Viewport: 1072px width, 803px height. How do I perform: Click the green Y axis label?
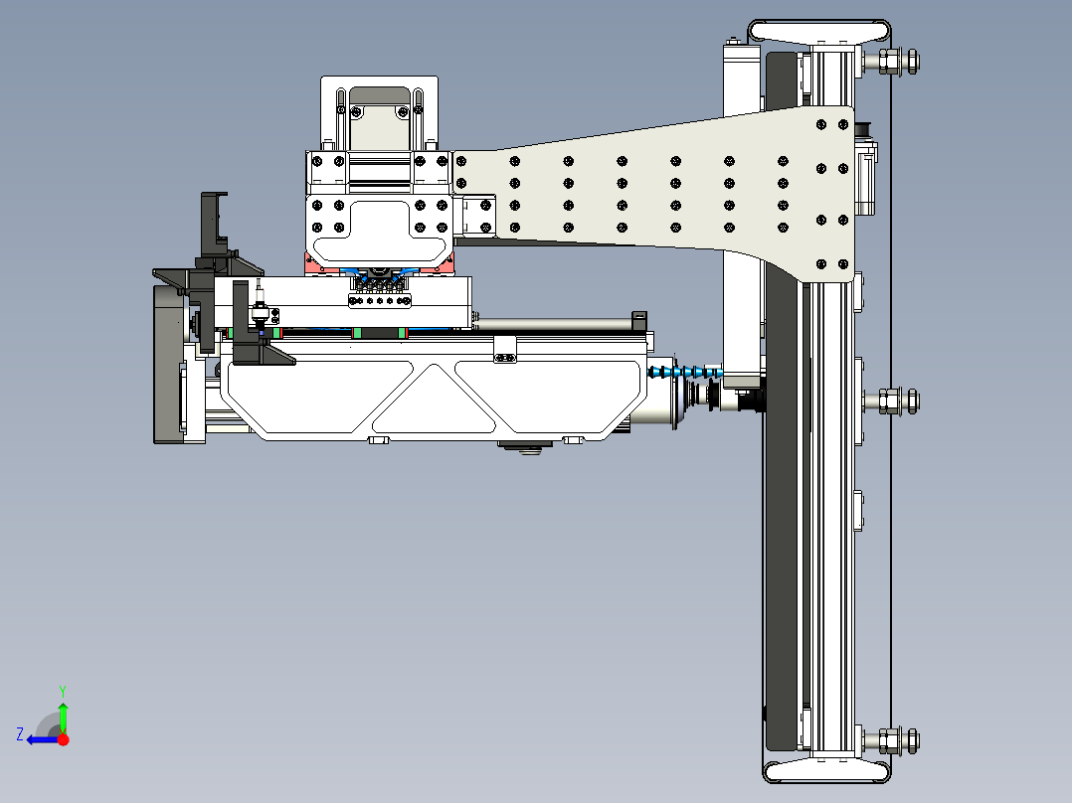(62, 689)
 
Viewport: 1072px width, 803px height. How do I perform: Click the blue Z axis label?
(20, 734)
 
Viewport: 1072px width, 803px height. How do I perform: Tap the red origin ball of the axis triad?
(63, 739)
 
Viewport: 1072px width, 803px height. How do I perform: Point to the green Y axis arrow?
(63, 716)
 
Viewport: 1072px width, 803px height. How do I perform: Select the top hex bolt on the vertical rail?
(890, 62)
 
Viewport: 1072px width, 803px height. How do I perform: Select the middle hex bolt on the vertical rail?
(890, 401)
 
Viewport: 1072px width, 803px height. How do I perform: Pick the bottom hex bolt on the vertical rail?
(890, 739)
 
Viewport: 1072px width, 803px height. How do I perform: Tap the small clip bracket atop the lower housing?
(506, 349)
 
